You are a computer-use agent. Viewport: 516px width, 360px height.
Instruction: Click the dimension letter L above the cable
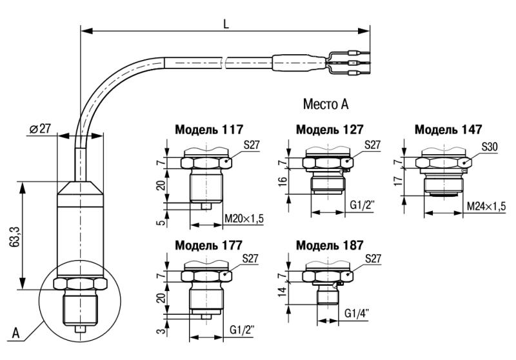pos(226,24)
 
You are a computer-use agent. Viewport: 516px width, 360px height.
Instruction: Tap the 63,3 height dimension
pos(15,235)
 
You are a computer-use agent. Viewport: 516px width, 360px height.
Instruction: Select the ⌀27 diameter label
pos(40,128)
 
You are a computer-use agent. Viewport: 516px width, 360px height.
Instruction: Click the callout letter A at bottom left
pos(15,333)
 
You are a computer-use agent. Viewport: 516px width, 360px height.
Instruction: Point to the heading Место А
pos(326,104)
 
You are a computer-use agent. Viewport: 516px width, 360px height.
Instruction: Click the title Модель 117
pos(209,129)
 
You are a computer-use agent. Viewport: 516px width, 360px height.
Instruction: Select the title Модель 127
pos(330,129)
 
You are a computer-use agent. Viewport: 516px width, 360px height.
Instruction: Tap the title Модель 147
pos(448,129)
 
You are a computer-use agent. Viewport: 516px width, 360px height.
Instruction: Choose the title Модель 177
pos(208,245)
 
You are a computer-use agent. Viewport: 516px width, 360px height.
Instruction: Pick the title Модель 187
pos(330,245)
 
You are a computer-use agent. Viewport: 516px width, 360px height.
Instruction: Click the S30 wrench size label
pos(490,146)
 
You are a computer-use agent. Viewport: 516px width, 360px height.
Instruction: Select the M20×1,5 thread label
pos(244,218)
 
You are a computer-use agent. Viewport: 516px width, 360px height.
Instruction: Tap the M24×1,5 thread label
pos(486,206)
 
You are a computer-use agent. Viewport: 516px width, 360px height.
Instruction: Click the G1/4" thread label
pos(357,313)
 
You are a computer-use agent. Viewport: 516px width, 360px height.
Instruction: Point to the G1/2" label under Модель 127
pos(362,205)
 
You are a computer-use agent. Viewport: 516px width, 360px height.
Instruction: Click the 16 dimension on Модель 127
pos(283,181)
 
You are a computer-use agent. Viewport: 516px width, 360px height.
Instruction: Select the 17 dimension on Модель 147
pos(398,181)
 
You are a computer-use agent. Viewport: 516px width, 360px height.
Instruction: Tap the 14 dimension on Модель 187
pos(283,292)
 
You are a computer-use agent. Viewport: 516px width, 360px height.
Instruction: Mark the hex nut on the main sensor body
pos(80,284)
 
